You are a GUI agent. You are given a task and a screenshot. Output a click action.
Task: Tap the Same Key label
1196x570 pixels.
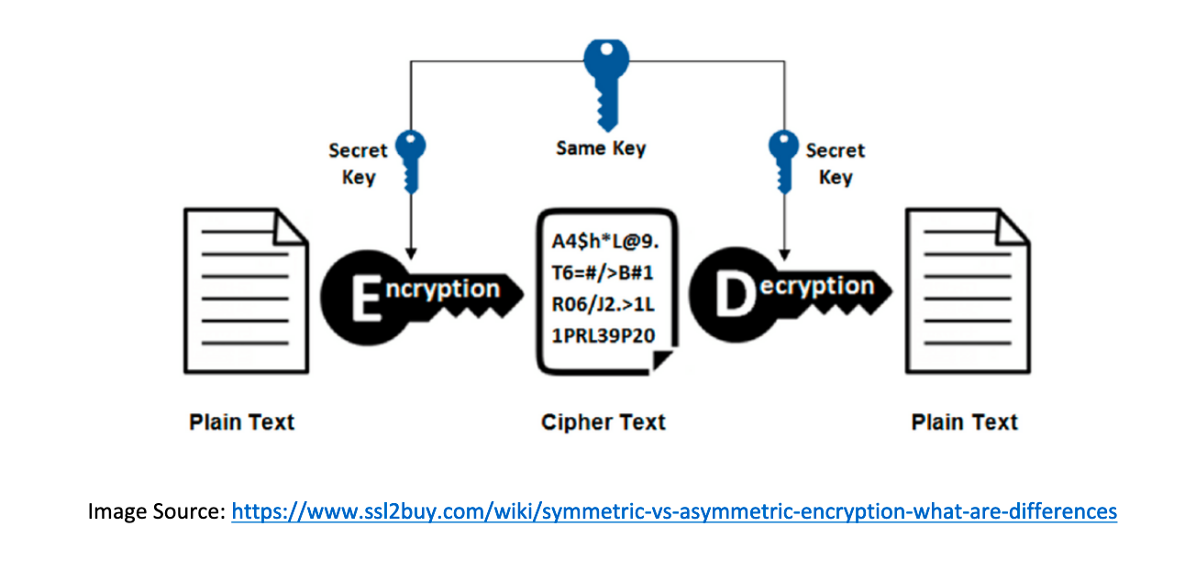[x=601, y=148]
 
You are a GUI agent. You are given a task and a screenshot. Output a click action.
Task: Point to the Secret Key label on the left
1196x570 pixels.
[x=359, y=163]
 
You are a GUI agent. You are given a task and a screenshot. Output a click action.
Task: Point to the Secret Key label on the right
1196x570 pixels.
[x=835, y=163]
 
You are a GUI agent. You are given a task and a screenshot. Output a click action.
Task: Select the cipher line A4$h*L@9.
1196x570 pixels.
[x=605, y=242]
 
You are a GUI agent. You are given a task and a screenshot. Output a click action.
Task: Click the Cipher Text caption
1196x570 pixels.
[x=603, y=422]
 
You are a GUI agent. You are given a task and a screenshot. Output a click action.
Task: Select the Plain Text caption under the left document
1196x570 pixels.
[x=242, y=422]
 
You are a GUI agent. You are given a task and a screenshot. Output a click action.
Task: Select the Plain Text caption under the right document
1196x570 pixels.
[x=964, y=422]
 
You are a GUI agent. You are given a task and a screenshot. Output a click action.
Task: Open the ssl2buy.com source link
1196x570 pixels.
[x=674, y=510]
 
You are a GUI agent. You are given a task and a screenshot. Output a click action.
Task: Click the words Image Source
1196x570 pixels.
[x=156, y=510]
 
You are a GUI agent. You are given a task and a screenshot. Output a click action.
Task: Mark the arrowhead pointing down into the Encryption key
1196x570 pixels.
[x=410, y=251]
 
